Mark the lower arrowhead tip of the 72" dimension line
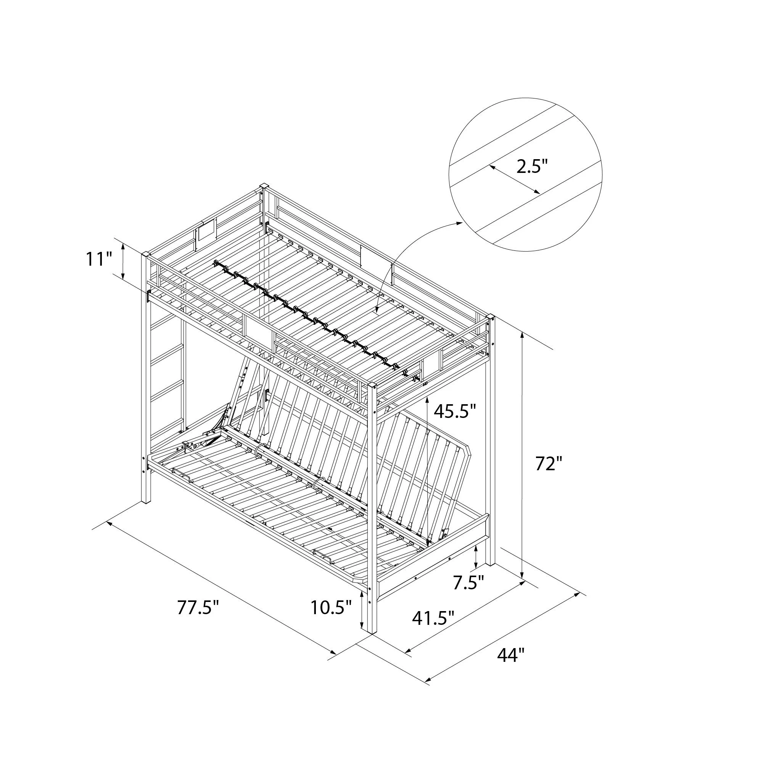(x=523, y=579)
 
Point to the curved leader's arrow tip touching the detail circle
(x=462, y=223)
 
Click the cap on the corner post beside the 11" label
(x=146, y=254)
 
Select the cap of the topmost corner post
(x=264, y=186)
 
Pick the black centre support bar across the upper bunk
(x=316, y=321)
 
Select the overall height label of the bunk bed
(x=549, y=464)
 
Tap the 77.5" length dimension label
(x=198, y=608)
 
